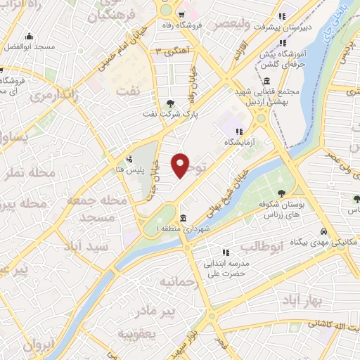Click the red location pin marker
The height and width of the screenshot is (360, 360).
(x=181, y=165)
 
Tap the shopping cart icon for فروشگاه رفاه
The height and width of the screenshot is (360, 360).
(x=181, y=14)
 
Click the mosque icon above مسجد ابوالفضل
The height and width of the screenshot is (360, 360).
(x=28, y=37)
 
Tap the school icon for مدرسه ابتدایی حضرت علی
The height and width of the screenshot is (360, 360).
(x=225, y=252)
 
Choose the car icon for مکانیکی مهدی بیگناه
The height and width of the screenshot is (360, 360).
(x=323, y=231)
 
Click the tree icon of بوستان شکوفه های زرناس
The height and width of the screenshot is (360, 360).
(x=281, y=193)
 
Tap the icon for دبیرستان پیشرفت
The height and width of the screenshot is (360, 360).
(x=281, y=17)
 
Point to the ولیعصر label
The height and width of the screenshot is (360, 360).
(x=229, y=26)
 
